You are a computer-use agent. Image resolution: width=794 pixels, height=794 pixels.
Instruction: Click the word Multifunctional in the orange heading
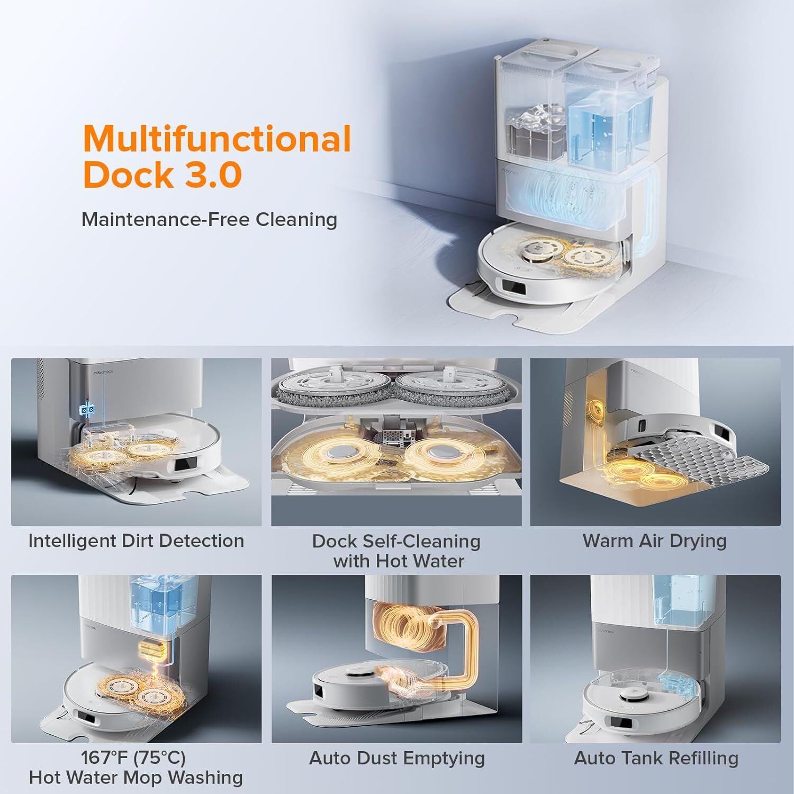[217, 139]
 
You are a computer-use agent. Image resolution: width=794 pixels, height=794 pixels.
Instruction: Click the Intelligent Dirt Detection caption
[136, 541]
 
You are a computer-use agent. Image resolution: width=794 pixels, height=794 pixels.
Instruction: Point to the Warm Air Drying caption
[655, 541]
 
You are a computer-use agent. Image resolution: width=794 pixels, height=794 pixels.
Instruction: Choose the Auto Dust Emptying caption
[397, 758]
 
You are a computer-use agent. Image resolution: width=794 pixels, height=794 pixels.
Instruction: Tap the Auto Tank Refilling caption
[656, 758]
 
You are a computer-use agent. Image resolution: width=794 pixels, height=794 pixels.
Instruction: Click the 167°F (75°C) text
[133, 758]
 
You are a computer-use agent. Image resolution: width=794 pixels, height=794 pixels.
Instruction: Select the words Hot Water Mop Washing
[136, 778]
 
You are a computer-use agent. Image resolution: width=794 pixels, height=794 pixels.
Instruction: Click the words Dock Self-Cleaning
[396, 541]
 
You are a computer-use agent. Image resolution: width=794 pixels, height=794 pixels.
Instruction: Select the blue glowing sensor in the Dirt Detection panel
[88, 409]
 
